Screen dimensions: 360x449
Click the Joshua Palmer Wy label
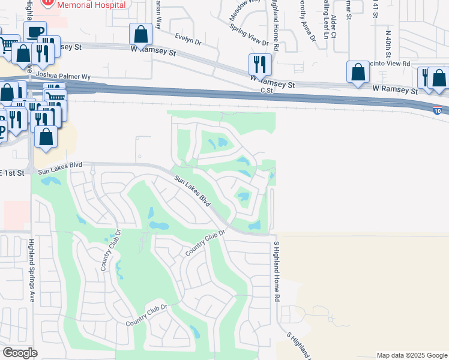click(x=63, y=77)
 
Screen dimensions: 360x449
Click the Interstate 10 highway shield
click(x=437, y=110)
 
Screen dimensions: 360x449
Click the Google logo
click(x=20, y=353)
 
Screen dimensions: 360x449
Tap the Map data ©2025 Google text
click(x=411, y=355)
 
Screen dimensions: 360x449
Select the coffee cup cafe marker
click(x=35, y=31)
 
